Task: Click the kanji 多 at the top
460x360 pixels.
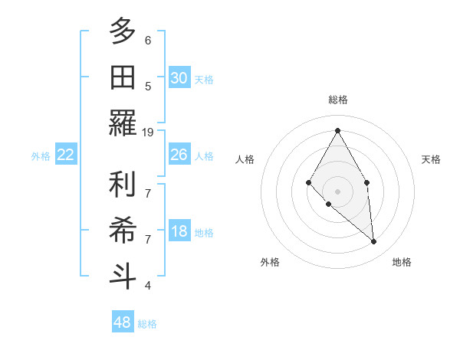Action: (x=122, y=32)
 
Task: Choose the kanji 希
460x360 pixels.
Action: (x=122, y=231)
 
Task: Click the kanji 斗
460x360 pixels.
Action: (x=122, y=276)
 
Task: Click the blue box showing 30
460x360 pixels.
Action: (x=179, y=77)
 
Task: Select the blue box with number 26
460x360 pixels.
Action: (x=179, y=155)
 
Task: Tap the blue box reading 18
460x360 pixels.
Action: (x=179, y=232)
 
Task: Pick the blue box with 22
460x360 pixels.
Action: (x=65, y=155)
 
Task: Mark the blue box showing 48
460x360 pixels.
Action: (x=122, y=322)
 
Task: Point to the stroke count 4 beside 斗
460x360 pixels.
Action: (x=147, y=286)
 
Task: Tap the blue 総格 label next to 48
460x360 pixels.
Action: (x=147, y=324)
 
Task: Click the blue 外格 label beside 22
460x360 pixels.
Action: (x=41, y=156)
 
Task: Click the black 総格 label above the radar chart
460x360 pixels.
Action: (x=337, y=100)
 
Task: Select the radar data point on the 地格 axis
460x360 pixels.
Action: (x=373, y=242)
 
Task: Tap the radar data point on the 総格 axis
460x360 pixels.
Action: (x=337, y=129)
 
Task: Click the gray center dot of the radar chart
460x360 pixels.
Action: (x=337, y=191)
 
